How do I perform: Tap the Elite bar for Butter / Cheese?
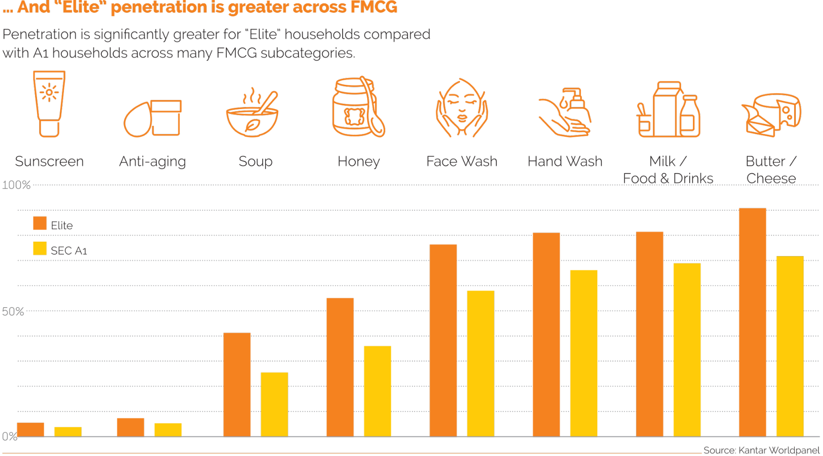pyautogui.click(x=752, y=322)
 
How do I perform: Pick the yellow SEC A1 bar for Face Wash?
pyautogui.click(x=480, y=363)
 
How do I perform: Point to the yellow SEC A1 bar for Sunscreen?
pyautogui.click(x=67, y=431)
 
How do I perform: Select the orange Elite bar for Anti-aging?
pyautogui.click(x=130, y=427)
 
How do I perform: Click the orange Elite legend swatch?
pyautogui.click(x=40, y=224)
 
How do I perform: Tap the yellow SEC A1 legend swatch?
pyautogui.click(x=40, y=249)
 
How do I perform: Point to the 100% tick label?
pyautogui.click(x=16, y=185)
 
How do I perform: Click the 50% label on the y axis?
pyautogui.click(x=13, y=312)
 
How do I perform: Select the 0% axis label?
pyautogui.click(x=9, y=437)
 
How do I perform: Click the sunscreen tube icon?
pyautogui.click(x=49, y=104)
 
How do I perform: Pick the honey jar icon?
pyautogui.click(x=358, y=107)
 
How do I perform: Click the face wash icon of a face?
pyautogui.click(x=461, y=108)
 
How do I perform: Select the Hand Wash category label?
pyautogui.click(x=565, y=161)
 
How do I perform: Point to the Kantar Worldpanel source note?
pyautogui.click(x=761, y=450)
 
